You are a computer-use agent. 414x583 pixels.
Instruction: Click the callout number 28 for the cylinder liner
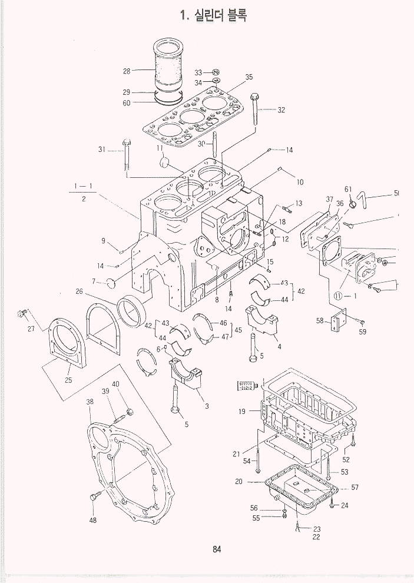point(127,71)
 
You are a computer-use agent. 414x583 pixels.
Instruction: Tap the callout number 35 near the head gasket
point(249,77)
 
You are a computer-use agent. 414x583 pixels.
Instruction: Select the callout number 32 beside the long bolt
point(281,110)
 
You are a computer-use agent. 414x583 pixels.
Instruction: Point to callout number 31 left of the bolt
point(102,150)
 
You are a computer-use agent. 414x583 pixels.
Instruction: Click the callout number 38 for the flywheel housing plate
point(90,402)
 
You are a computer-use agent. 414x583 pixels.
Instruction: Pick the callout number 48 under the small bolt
point(93,520)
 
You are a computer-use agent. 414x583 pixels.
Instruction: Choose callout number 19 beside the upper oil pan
point(242,412)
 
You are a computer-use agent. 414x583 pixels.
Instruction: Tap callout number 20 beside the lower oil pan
point(239,481)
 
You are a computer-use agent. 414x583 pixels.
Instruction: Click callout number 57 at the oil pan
point(355,487)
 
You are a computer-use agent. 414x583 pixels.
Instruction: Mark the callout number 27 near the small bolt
point(31,329)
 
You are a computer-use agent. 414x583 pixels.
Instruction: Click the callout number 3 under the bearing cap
point(207,406)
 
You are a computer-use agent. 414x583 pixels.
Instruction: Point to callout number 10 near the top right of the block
point(300,182)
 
